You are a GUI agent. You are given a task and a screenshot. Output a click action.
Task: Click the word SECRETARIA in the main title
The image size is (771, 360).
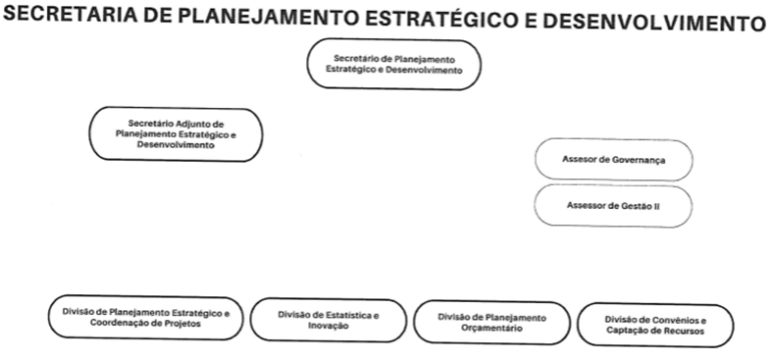click(x=70, y=15)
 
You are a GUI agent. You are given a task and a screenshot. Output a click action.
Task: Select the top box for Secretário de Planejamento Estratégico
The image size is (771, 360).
click(x=394, y=65)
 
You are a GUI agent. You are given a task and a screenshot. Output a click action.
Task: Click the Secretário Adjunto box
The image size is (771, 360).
click(x=176, y=134)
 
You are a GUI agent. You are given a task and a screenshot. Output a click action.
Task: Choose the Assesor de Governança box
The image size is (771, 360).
click(x=614, y=160)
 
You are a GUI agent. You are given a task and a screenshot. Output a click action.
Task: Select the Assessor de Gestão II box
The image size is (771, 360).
click(x=613, y=206)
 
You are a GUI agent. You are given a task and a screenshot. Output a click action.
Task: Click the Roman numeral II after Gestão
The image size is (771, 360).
click(x=655, y=207)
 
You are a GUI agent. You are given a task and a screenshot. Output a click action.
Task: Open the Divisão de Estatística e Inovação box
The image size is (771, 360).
click(x=329, y=320)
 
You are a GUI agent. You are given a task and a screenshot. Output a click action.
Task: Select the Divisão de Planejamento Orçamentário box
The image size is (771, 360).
click(x=492, y=323)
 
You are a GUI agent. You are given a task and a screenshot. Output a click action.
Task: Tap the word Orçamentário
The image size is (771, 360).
click(x=492, y=328)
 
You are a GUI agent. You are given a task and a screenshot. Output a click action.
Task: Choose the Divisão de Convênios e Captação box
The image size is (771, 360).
click(x=655, y=325)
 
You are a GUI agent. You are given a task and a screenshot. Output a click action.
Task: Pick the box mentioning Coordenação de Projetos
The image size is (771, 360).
click(x=145, y=318)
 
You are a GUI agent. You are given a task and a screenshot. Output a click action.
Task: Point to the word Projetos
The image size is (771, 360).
click(x=182, y=324)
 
